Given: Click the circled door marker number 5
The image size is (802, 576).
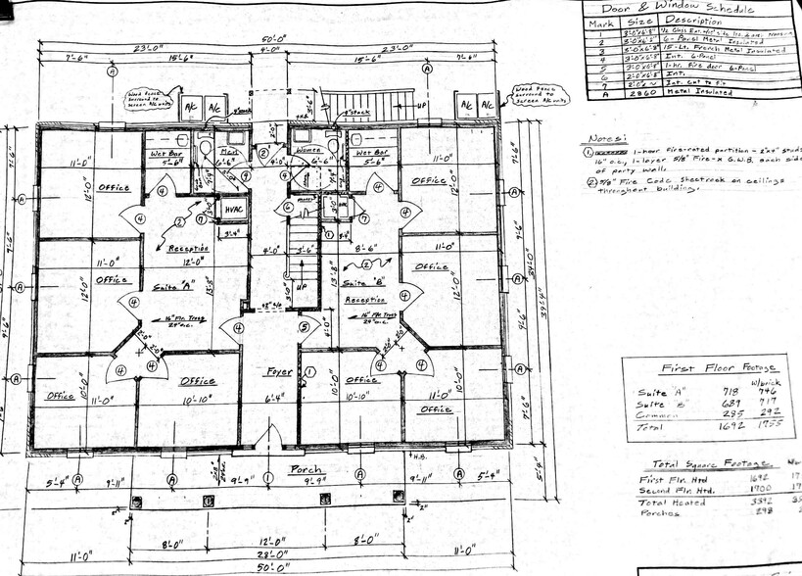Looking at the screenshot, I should click(304, 327).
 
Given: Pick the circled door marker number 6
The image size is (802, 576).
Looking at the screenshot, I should click(288, 207).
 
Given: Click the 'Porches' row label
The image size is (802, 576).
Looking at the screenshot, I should click(661, 512).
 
